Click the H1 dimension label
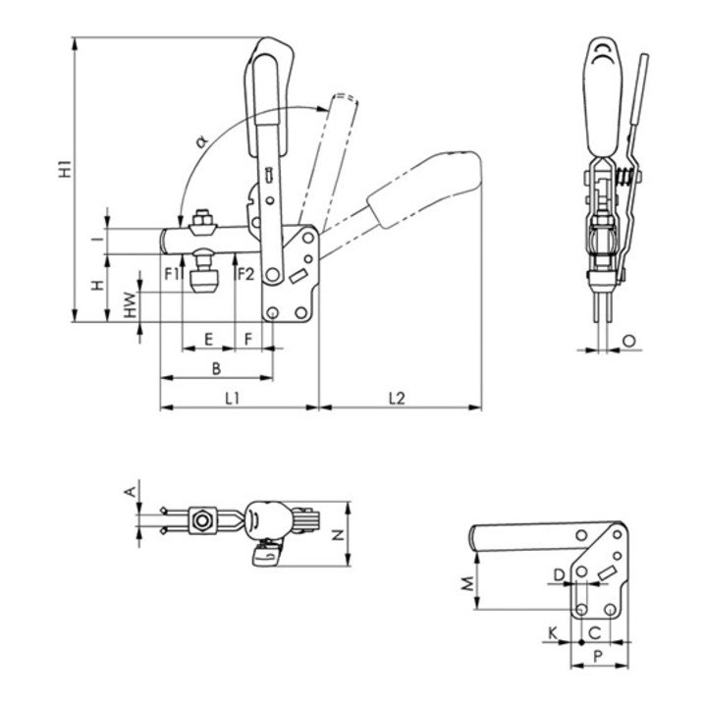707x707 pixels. tap(67, 168)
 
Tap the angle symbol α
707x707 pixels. tap(202, 142)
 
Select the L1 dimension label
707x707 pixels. tap(233, 398)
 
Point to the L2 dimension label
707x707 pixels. tap(398, 398)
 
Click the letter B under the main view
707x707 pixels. tap(216, 369)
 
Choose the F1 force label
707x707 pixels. tap(172, 274)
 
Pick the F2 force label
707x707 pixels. tap(245, 274)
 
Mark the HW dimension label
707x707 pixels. tap(131, 304)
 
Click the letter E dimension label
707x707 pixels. tap(208, 339)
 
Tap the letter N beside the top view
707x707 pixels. tap(338, 535)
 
